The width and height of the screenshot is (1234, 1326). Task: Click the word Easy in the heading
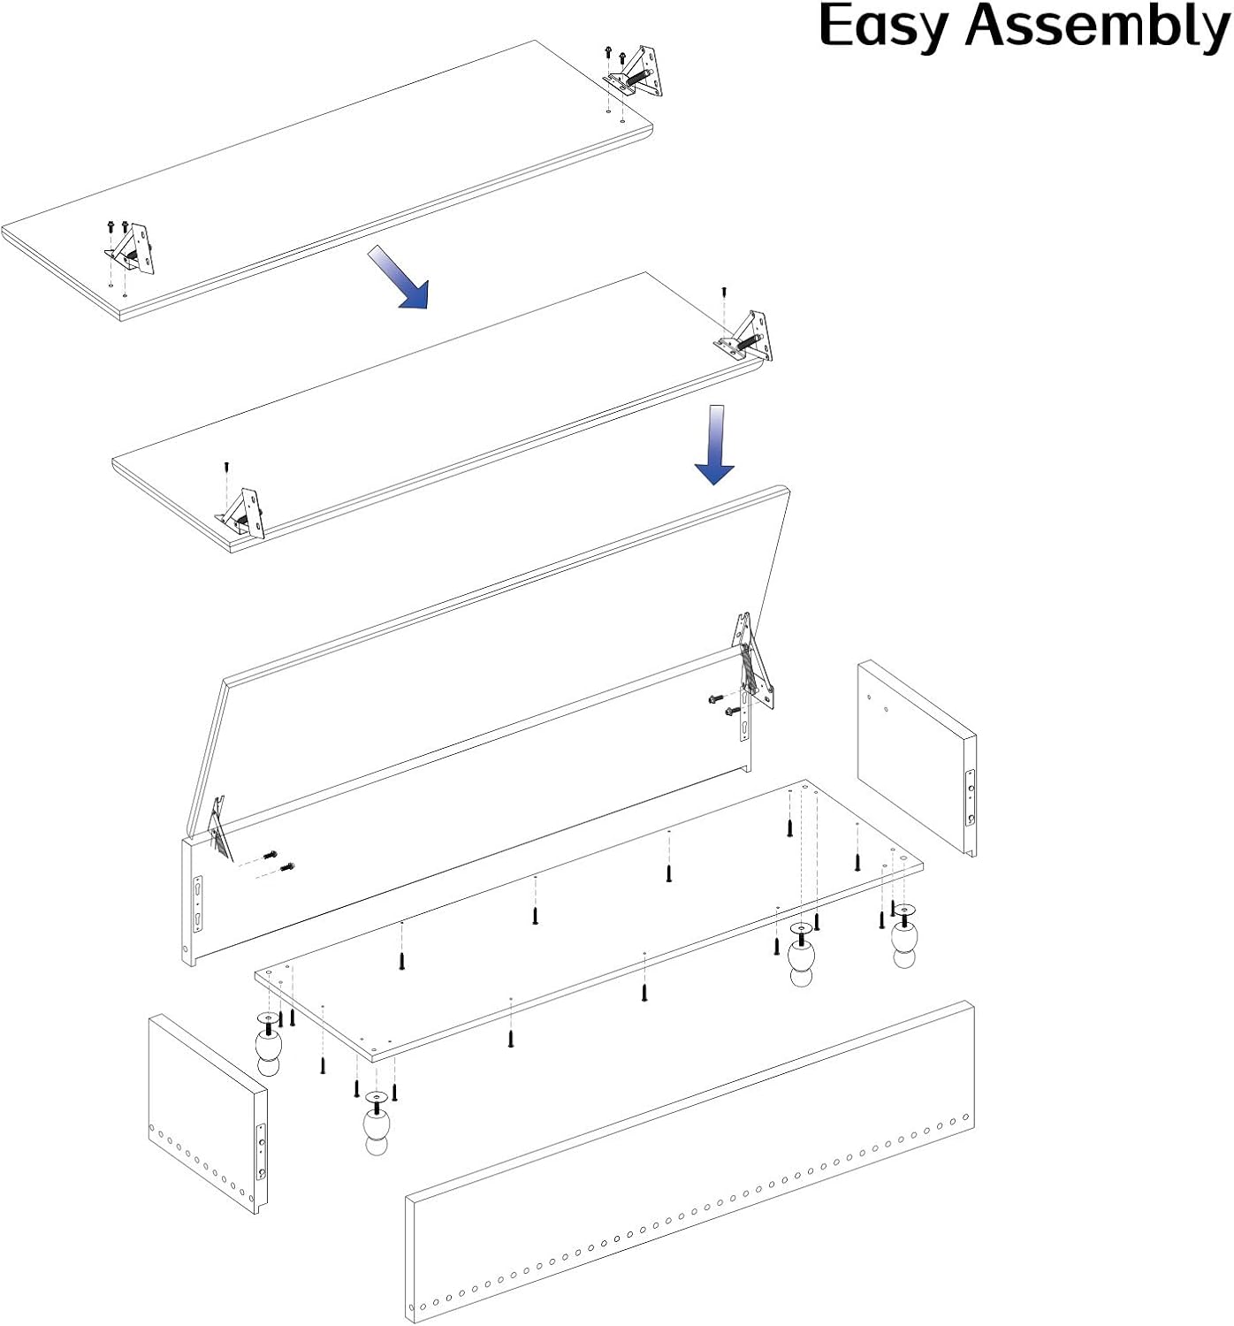(883, 27)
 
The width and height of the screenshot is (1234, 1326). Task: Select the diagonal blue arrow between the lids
(399, 277)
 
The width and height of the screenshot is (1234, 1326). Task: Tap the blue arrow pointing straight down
(715, 444)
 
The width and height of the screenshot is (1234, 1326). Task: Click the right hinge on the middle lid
(745, 337)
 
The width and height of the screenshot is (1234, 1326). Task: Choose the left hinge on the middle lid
(240, 513)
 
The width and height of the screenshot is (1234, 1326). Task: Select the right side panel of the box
(917, 758)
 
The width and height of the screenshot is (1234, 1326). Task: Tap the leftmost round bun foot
(269, 1044)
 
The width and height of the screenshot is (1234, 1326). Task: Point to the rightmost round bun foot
(905, 936)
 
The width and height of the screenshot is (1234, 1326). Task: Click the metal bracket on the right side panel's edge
(971, 797)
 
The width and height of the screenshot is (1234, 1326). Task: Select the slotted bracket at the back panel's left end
(198, 904)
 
